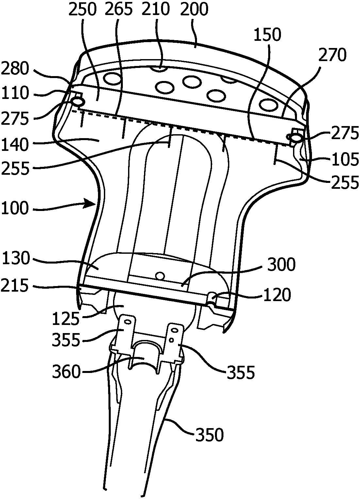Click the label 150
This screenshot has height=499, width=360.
coord(268,35)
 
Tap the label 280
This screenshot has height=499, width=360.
coord(15,69)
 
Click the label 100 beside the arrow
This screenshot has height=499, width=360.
coord(15,209)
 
